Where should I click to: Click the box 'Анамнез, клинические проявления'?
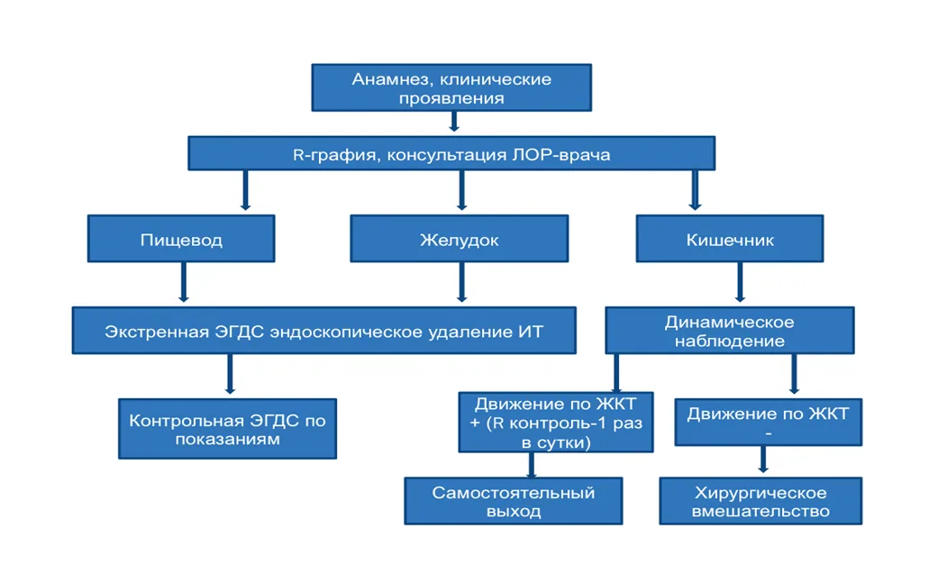(x=451, y=87)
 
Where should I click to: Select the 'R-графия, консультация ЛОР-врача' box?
(x=451, y=153)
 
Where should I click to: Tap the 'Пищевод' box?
(x=181, y=239)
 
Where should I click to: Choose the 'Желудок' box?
(x=460, y=239)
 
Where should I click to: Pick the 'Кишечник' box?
(x=730, y=239)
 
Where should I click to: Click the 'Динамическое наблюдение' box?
(x=730, y=331)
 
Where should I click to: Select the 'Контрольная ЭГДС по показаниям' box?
(x=227, y=429)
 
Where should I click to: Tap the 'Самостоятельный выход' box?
(x=514, y=501)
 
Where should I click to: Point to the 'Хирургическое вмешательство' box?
(x=761, y=501)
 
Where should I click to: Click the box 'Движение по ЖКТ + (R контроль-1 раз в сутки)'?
(x=556, y=423)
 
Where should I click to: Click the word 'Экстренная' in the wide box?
(x=157, y=332)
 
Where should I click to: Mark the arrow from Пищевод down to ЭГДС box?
(x=184, y=283)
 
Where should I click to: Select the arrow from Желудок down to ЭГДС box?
(x=461, y=283)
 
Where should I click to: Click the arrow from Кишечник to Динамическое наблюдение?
(x=740, y=283)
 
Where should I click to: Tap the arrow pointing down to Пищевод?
(x=245, y=191)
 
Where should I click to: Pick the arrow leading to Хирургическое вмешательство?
(x=763, y=460)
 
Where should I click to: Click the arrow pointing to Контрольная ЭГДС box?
(x=230, y=375)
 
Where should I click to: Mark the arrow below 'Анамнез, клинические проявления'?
(x=454, y=122)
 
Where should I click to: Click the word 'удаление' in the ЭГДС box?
(x=455, y=332)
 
